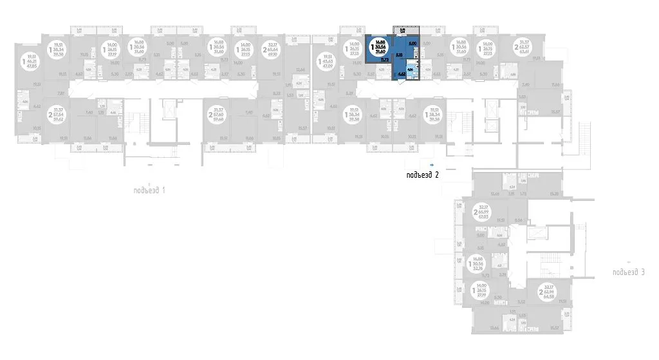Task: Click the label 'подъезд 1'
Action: [x=149, y=190]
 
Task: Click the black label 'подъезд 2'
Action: [x=422, y=175]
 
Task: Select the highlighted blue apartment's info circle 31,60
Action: [x=380, y=48]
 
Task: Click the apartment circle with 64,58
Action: [x=543, y=294]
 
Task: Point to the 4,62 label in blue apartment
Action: [x=401, y=75]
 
